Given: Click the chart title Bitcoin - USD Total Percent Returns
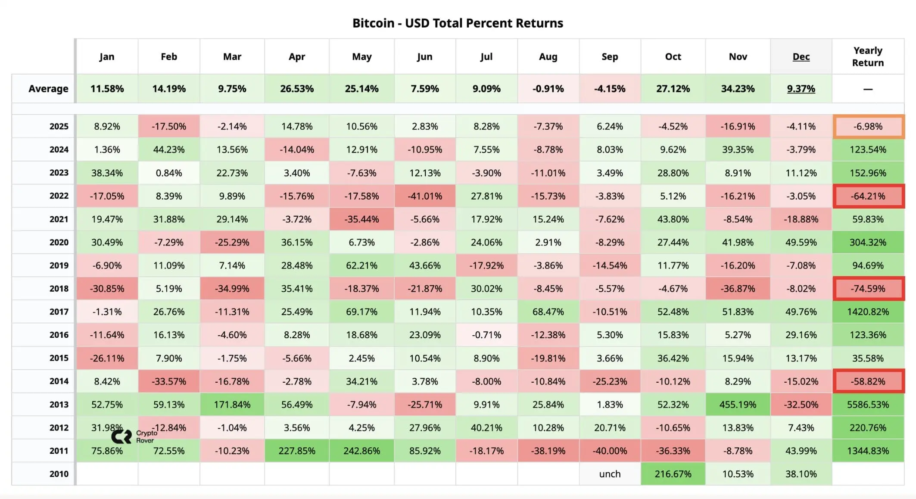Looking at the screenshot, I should coord(458,23).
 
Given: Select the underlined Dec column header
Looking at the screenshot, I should coord(801,56).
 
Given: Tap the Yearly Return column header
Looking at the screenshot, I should coord(868,56).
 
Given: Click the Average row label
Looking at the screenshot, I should coord(48,88).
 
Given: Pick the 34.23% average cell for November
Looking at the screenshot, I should coord(738,88).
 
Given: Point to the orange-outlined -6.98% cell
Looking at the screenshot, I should coord(868,126).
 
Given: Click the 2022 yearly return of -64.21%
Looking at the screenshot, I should coord(868,196).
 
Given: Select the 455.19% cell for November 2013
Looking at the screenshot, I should coord(738,405).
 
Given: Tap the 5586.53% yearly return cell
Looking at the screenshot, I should coord(868,405).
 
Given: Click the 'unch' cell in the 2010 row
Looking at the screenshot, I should coord(610,474).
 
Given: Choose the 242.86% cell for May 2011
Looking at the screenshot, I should coord(361,451).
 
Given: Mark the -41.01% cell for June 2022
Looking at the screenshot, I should coord(424,196).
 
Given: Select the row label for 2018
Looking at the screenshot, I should coord(59,289).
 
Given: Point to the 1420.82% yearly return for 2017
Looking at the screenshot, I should coord(868,312).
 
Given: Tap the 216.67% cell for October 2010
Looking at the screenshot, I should coord(673,474).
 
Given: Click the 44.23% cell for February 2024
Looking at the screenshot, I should coord(168,150).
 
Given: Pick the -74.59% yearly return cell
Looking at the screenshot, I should coord(868,289).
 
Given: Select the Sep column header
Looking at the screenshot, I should coord(610,56).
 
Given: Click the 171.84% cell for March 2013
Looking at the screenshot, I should coord(232,405).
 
